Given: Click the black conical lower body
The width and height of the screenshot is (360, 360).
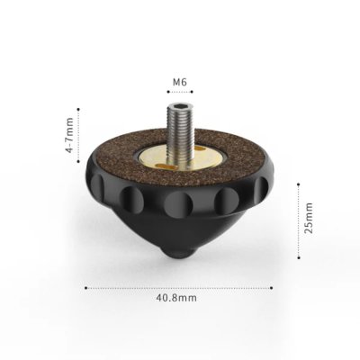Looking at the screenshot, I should point(180,225).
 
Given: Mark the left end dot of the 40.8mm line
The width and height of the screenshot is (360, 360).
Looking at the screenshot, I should point(85,288).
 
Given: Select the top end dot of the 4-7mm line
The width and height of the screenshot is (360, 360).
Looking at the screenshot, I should point(79,110).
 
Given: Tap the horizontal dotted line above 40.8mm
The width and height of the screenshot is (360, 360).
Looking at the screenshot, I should point(180,288).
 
